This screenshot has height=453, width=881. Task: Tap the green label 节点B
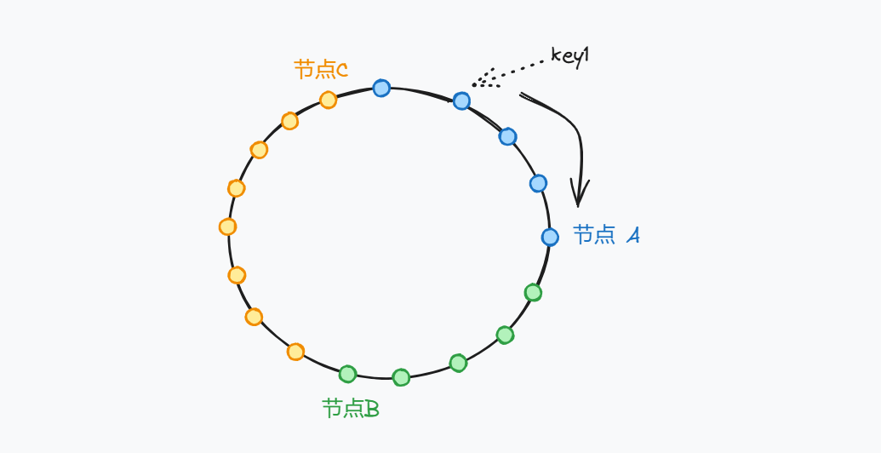(350, 409)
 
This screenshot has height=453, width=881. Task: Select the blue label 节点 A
(606, 235)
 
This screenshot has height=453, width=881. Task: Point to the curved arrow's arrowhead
(579, 201)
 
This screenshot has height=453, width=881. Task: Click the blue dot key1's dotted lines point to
(461, 101)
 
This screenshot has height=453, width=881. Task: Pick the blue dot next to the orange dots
(381, 88)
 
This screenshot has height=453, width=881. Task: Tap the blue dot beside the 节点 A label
(550, 237)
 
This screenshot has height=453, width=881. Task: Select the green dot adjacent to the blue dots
(533, 293)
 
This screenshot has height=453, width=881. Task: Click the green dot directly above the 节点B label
(347, 374)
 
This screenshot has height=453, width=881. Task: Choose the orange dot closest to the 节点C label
(328, 100)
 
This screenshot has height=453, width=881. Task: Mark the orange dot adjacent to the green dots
(295, 352)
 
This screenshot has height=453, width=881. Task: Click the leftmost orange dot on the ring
(227, 226)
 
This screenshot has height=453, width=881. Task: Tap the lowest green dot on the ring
(401, 377)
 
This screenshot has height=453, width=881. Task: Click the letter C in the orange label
(342, 70)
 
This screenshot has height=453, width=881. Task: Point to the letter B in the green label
(371, 410)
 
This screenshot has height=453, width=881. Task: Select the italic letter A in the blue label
(632, 236)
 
